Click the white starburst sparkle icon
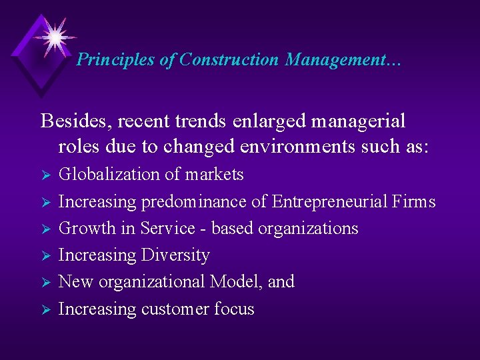tap(54, 36)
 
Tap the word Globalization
tap(110, 175)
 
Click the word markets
tap(214, 175)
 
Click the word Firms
tap(413, 201)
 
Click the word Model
tap(236, 282)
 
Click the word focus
tap(234, 309)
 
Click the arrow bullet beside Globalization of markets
tap(46, 175)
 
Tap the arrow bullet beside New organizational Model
tap(46, 283)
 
